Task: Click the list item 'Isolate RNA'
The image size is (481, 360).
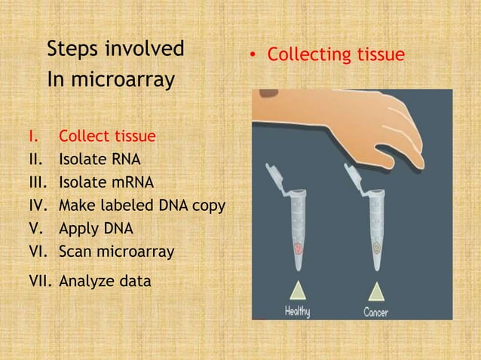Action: pos(99,160)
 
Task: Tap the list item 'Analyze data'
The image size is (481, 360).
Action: pos(105,282)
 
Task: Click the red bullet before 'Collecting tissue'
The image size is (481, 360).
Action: pos(256,56)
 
